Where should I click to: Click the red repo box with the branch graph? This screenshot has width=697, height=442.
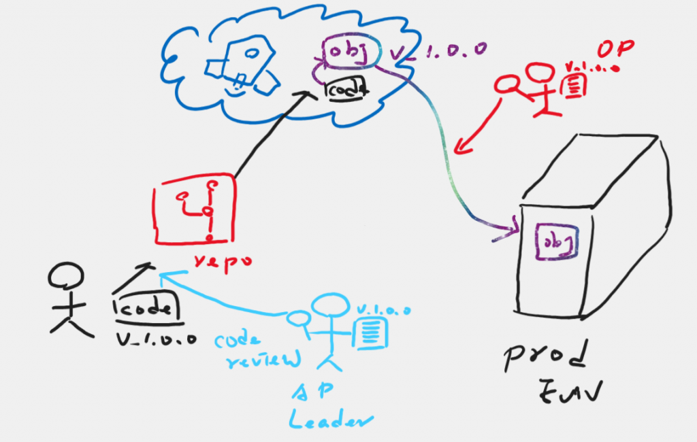click(195, 209)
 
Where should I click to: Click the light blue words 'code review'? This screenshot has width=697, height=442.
click(255, 351)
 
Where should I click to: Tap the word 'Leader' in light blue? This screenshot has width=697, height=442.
click(331, 419)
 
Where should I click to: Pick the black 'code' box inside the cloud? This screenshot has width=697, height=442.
click(346, 87)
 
